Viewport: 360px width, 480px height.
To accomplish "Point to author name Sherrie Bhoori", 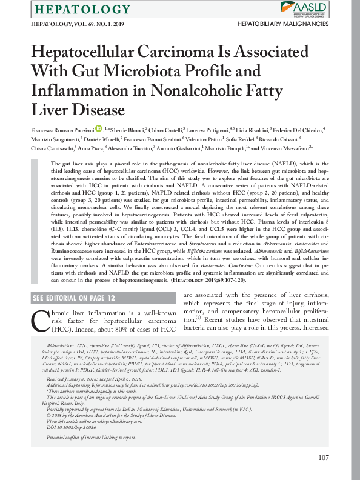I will (127, 129).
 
